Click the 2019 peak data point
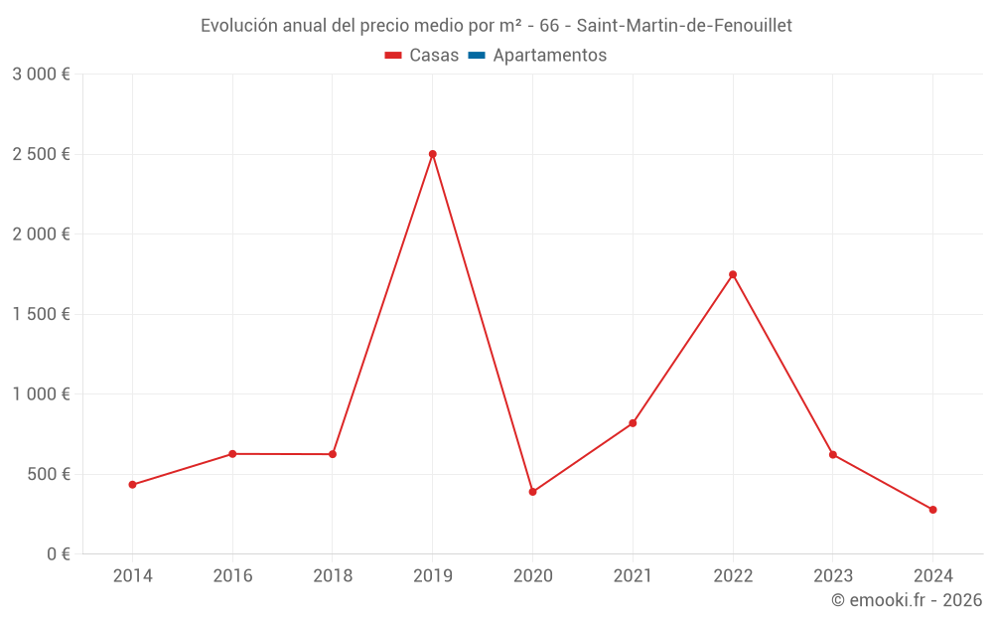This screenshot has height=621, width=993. pos(433,154)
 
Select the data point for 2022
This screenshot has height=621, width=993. pos(733,274)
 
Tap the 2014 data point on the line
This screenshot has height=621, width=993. pos(132,485)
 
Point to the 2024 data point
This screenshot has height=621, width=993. pos(932,510)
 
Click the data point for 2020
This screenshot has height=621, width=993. pos(532,492)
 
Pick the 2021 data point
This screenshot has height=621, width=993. pos(633,423)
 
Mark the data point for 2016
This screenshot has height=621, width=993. pos(232,454)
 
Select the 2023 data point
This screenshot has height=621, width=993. pos(833,454)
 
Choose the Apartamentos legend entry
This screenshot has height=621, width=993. pos(549,56)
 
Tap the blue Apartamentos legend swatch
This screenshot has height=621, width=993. pos(476,56)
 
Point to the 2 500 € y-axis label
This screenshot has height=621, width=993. pos(42,154)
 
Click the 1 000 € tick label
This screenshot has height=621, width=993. pos(42,393)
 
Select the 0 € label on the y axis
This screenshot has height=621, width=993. pos(57,553)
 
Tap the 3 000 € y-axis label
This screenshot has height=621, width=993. pos(42,75)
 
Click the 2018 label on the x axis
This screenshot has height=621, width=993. pos(333,575)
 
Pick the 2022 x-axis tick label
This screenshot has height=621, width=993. pos(733,575)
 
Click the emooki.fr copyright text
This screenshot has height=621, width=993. pos(907,600)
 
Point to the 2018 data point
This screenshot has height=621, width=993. pos(333,454)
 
